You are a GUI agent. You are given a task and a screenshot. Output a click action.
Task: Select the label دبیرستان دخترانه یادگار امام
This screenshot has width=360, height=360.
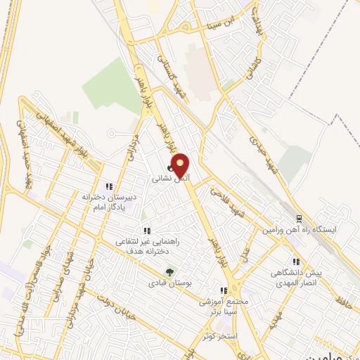pyautogui.click(x=108, y=202)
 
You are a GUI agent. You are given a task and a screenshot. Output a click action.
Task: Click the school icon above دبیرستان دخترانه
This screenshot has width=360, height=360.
pyautogui.click(x=108, y=186)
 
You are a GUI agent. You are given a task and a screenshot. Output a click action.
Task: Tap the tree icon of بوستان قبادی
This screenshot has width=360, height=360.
pyautogui.click(x=168, y=271)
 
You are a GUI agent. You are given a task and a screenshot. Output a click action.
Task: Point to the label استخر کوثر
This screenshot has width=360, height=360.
pyautogui.click(x=219, y=336)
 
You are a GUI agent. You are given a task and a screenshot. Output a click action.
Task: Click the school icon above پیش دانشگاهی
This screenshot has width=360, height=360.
pyautogui.click(x=296, y=261)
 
